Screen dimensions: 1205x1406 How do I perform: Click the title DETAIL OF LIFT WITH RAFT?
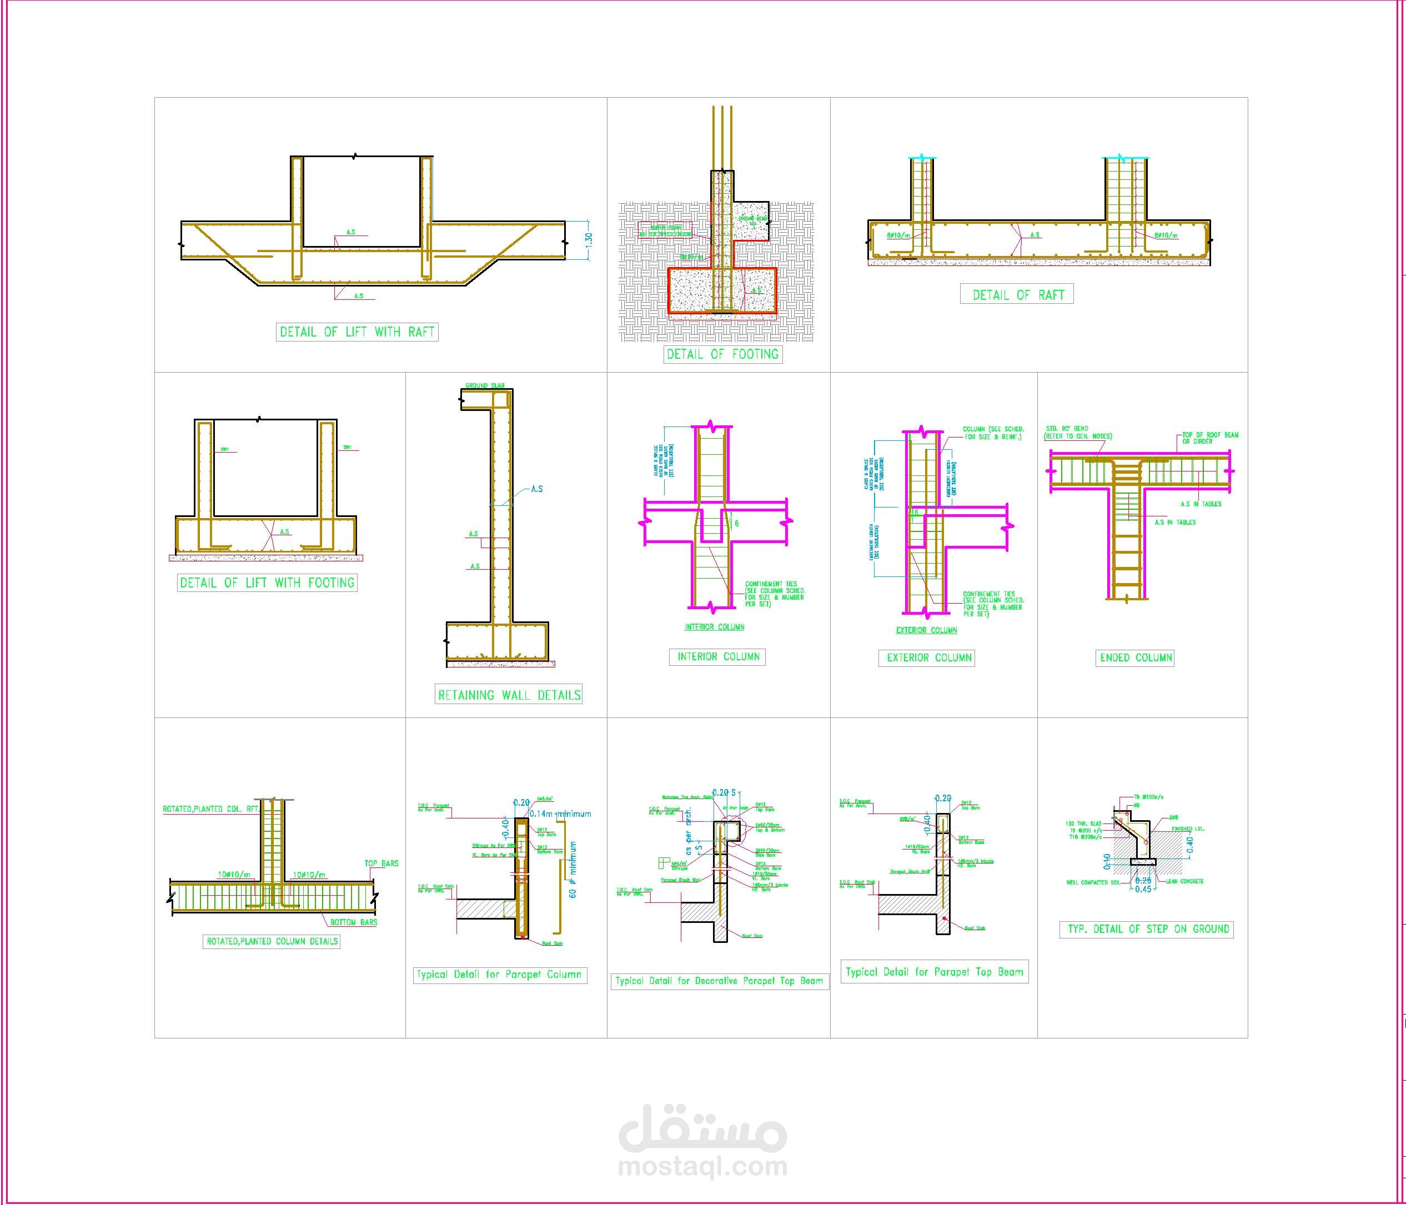pyautogui.click(x=357, y=332)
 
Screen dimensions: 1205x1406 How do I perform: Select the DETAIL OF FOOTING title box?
pyautogui.click(x=722, y=354)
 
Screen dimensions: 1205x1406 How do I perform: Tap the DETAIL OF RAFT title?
pyautogui.click(x=1017, y=294)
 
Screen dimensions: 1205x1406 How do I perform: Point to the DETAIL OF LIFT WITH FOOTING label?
pyautogui.click(x=267, y=582)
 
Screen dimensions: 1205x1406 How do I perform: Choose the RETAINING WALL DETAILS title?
pyautogui.click(x=509, y=695)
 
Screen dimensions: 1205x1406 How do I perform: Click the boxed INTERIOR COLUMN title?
pyautogui.click(x=719, y=656)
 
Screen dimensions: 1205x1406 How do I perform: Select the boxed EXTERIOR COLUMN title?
pyautogui.click(x=929, y=657)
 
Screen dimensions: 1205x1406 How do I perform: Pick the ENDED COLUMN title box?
pyautogui.click(x=1136, y=657)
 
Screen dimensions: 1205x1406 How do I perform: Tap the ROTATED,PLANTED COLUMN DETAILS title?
pyautogui.click(x=272, y=941)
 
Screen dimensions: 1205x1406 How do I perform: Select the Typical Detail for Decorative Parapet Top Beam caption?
pyautogui.click(x=718, y=981)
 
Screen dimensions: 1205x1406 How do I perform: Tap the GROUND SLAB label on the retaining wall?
pyautogui.click(x=485, y=385)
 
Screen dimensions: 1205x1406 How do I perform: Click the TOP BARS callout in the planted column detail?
pyautogui.click(x=381, y=863)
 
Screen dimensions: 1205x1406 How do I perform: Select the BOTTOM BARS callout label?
pyautogui.click(x=354, y=922)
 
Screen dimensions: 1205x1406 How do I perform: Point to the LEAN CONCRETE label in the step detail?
pyautogui.click(x=1185, y=881)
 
